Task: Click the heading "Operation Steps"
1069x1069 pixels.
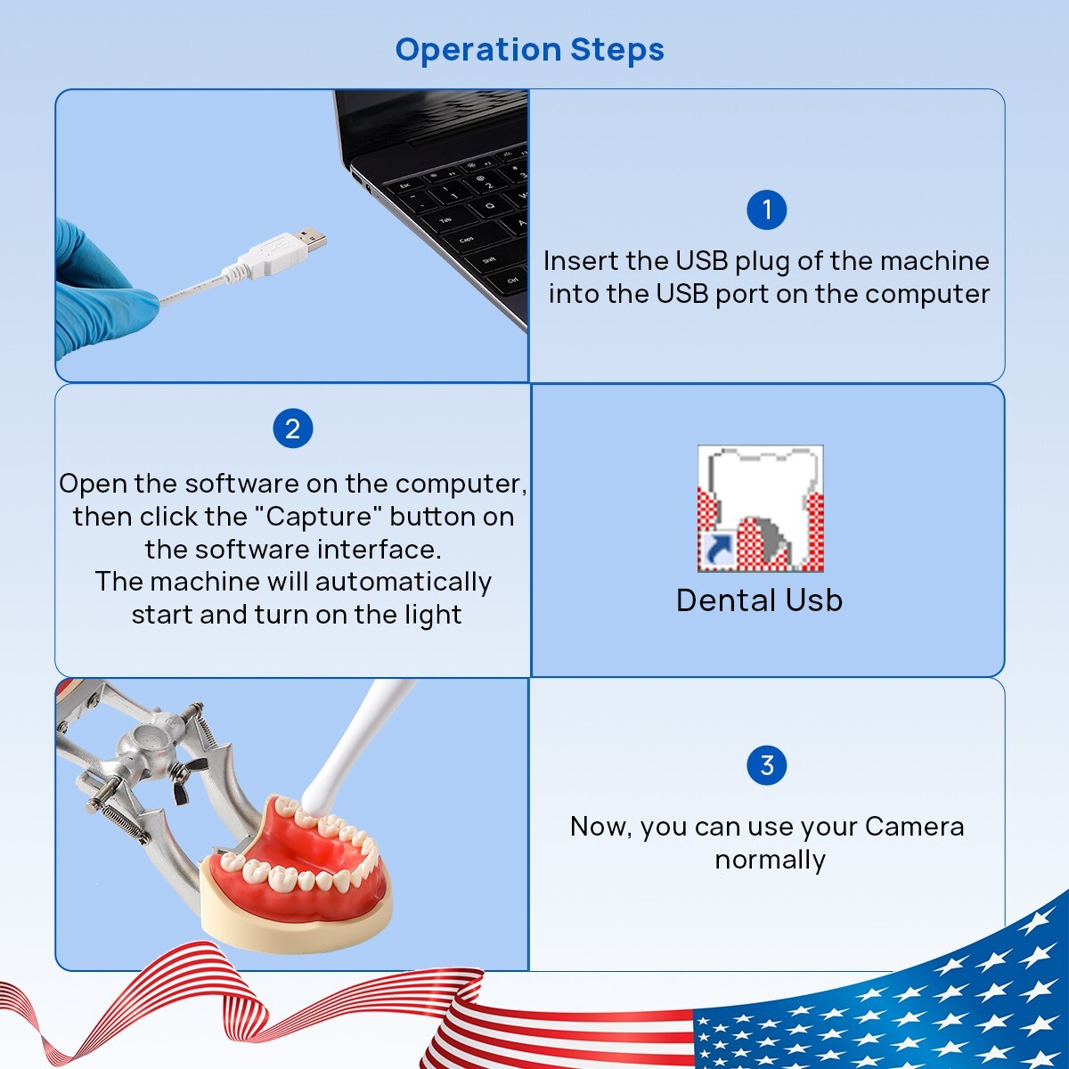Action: click(x=529, y=50)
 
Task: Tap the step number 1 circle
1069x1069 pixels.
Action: click(x=766, y=210)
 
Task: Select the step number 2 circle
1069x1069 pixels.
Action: click(x=292, y=429)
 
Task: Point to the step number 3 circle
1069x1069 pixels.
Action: click(x=766, y=765)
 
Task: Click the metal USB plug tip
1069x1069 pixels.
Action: click(x=311, y=239)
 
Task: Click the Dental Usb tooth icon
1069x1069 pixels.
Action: click(x=760, y=508)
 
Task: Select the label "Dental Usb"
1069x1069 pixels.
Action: click(x=759, y=600)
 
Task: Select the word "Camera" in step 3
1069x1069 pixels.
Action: click(x=914, y=827)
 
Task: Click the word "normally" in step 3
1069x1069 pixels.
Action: click(x=770, y=860)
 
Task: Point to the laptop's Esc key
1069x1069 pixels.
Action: click(x=405, y=185)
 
